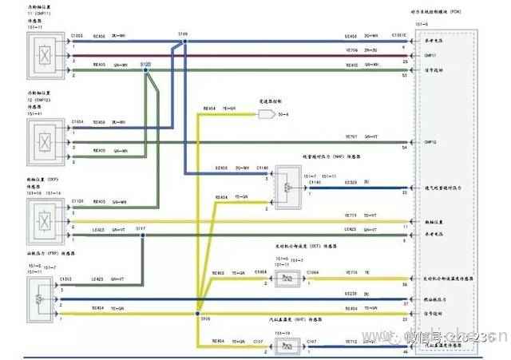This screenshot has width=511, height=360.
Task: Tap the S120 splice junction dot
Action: [x=146, y=70]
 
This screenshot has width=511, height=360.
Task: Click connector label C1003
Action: [x=77, y=36]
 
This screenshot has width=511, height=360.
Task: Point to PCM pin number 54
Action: [x=405, y=148]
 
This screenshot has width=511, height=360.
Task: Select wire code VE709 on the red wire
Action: [x=351, y=50]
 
